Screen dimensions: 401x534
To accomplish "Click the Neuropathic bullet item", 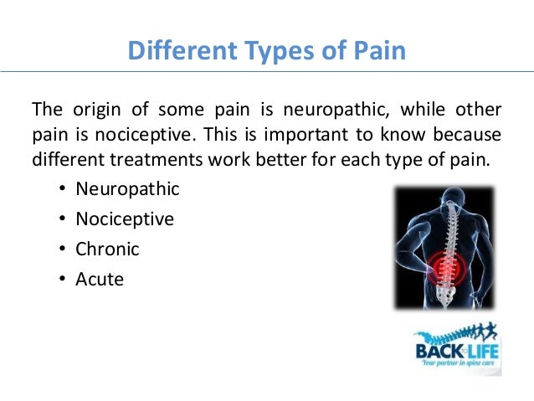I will [x=127, y=188].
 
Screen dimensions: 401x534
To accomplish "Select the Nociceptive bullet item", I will [x=125, y=218].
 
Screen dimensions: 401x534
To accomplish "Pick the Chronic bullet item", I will [x=107, y=249].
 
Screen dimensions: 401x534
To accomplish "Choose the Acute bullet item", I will [x=100, y=279].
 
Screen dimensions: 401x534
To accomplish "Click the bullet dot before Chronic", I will [x=64, y=249].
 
